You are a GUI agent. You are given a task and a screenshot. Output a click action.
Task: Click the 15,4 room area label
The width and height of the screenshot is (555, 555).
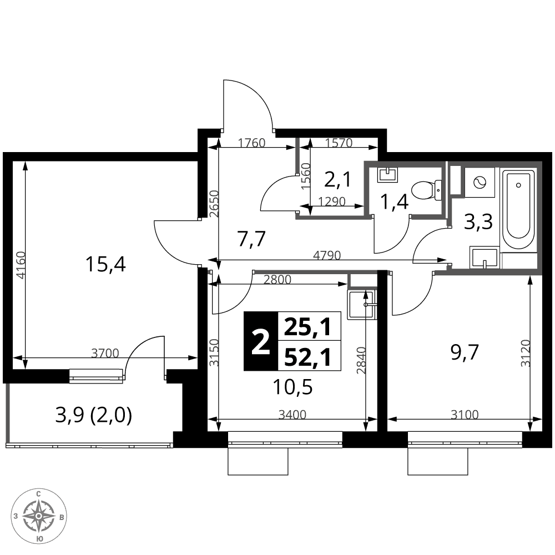click(105, 264)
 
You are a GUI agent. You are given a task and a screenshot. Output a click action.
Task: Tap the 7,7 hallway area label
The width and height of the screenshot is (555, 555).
click(251, 239)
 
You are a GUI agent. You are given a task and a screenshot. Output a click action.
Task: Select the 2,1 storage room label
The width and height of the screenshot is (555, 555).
click(337, 179)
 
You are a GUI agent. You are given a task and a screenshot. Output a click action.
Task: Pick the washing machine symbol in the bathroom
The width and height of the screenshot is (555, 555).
click(480, 182)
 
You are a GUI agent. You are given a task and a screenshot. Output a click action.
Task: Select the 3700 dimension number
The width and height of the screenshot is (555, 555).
click(105, 353)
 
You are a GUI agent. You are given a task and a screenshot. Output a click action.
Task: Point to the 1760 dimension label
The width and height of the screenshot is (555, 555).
click(251, 143)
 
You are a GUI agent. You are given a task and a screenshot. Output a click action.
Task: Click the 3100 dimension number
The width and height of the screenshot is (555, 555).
click(465, 414)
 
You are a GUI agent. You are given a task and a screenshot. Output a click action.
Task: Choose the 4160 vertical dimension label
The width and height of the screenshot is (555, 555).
click(21, 265)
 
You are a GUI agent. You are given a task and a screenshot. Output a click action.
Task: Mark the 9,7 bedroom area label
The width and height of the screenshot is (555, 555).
click(465, 352)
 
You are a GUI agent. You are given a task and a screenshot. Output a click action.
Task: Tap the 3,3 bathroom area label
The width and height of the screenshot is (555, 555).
click(478, 223)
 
